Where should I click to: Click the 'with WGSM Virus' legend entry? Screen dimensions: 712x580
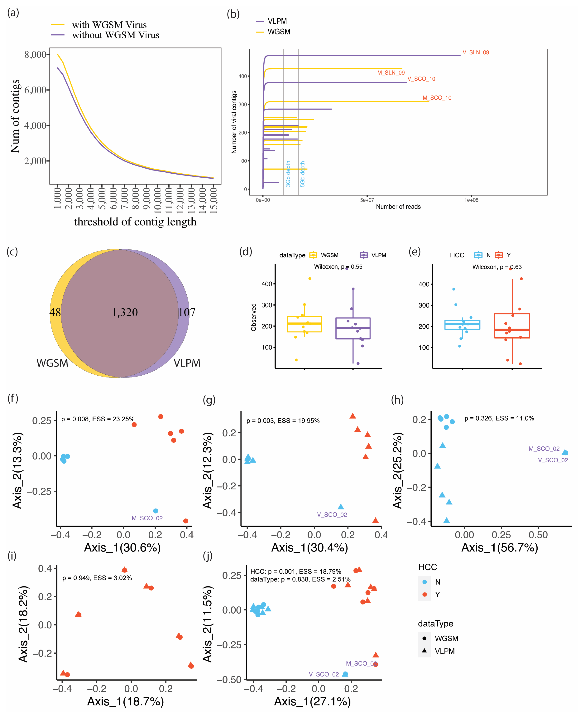[x=109, y=25]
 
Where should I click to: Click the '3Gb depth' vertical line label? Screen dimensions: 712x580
[x=288, y=174]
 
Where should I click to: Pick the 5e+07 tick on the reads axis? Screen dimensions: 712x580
[x=367, y=200]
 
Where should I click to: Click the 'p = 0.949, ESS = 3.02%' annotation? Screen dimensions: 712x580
[x=97, y=578]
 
